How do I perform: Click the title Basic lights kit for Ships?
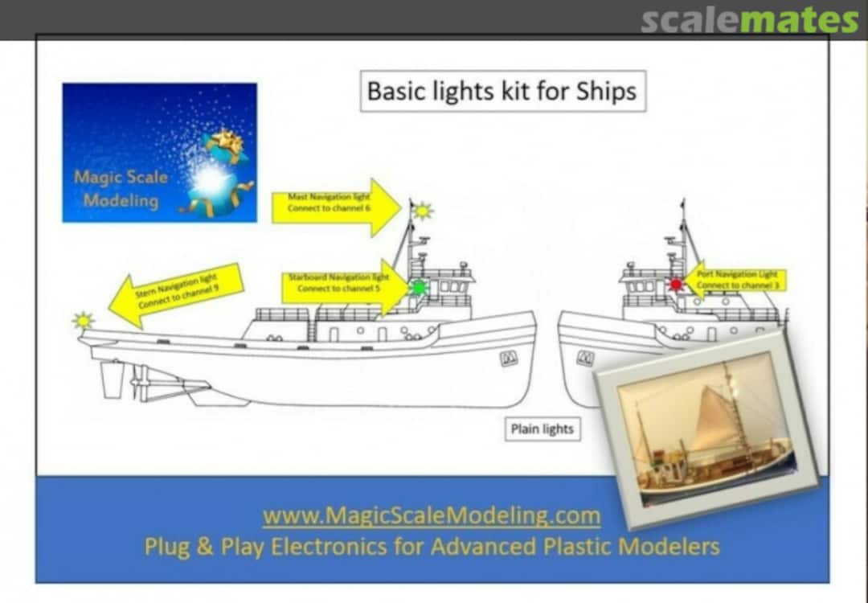[502, 92]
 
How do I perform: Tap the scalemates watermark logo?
[749, 20]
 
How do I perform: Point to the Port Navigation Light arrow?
[735, 280]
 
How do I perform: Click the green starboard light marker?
[419, 287]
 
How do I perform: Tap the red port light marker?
[676, 284]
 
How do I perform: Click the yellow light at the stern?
[82, 321]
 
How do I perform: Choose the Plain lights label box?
[542, 429]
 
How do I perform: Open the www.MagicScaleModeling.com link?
[432, 515]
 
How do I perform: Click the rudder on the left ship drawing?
[112, 379]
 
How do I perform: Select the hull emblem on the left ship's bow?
[509, 359]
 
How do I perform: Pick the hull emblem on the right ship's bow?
[585, 359]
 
